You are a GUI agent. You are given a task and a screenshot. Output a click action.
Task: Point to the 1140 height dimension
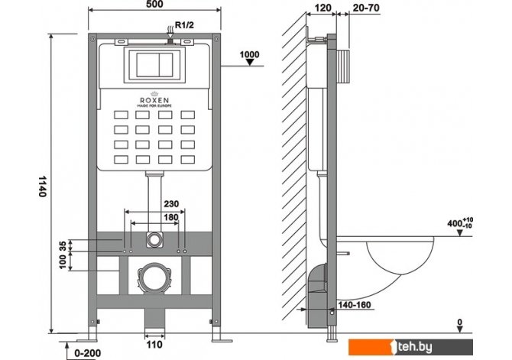pos(42,186)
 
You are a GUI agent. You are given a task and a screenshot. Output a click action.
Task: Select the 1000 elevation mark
pos(249,54)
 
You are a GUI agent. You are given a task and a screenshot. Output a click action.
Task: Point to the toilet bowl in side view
pos(397,255)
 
